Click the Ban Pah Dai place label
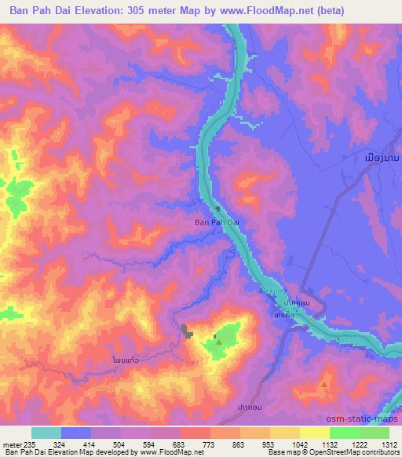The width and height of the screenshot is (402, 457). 216,222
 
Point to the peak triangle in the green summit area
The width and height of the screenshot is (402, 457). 218,342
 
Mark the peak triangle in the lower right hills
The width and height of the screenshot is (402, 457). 324,385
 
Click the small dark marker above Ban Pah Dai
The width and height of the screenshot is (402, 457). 218,209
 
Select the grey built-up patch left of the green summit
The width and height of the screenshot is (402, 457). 187,332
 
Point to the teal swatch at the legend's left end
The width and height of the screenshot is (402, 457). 46,433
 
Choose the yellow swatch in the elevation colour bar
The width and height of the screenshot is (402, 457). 314,433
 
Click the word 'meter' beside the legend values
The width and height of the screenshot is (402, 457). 12,445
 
